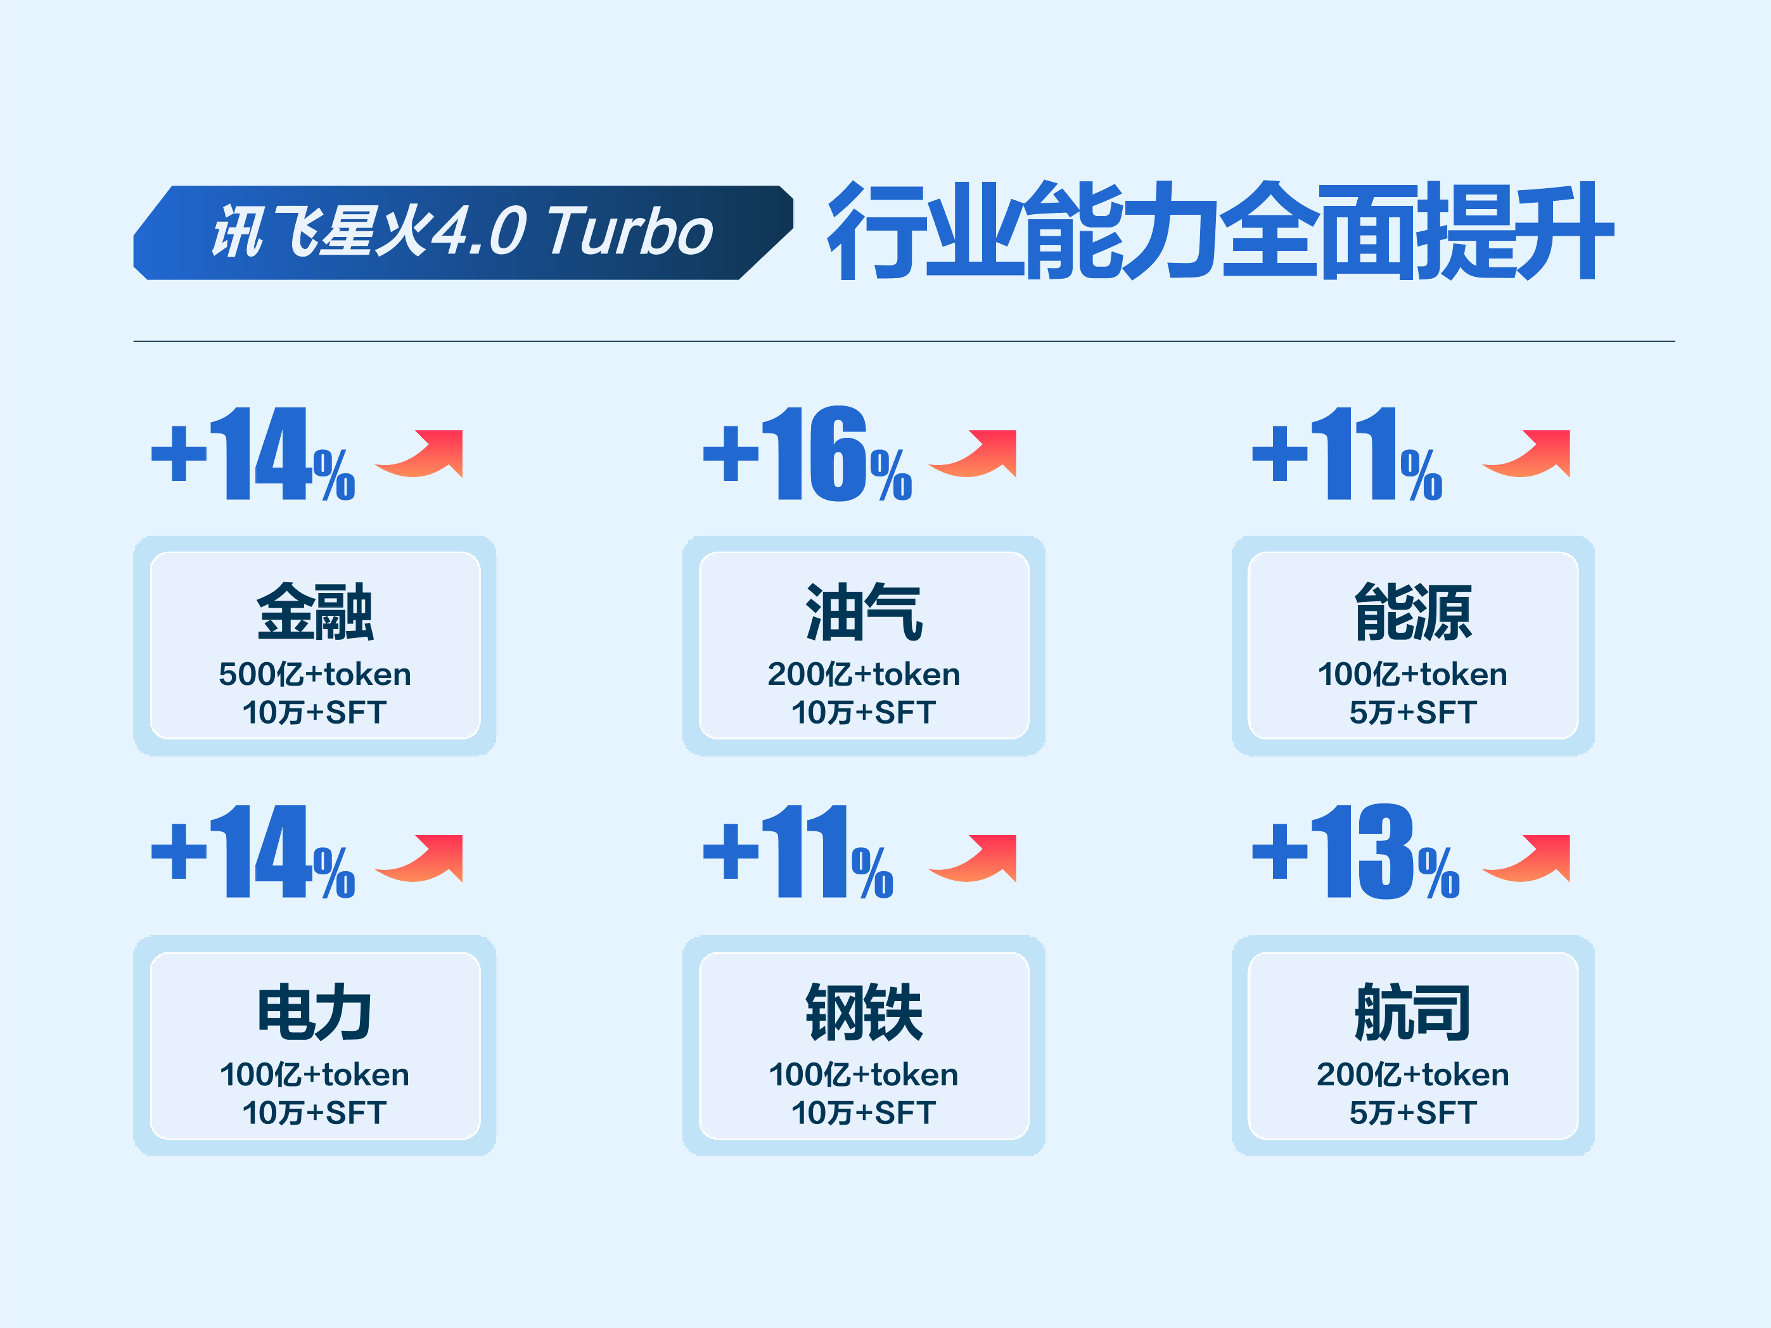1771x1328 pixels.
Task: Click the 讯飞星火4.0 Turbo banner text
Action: (462, 232)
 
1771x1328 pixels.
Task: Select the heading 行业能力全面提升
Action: (1219, 231)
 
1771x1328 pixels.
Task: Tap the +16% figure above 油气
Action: (807, 455)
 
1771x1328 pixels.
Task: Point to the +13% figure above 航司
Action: (1355, 853)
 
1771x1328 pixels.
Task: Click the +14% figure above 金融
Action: (253, 455)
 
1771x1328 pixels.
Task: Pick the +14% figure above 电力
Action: (253, 853)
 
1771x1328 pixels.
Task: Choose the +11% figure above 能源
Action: (1346, 455)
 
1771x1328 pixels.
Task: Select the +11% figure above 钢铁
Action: (798, 853)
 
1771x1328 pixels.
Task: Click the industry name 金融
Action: (315, 613)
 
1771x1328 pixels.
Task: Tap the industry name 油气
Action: (864, 613)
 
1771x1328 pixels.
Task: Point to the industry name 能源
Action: (1413, 613)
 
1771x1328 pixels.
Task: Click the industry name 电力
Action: (315, 1012)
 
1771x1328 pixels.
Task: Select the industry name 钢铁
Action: (864, 1012)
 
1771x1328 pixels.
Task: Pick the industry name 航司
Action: (1413, 1012)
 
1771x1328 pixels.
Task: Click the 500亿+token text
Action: (315, 675)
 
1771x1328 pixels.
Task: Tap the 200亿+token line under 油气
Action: (864, 675)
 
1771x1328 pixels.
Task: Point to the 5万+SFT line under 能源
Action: (1413, 712)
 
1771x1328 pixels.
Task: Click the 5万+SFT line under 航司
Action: (1413, 1113)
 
